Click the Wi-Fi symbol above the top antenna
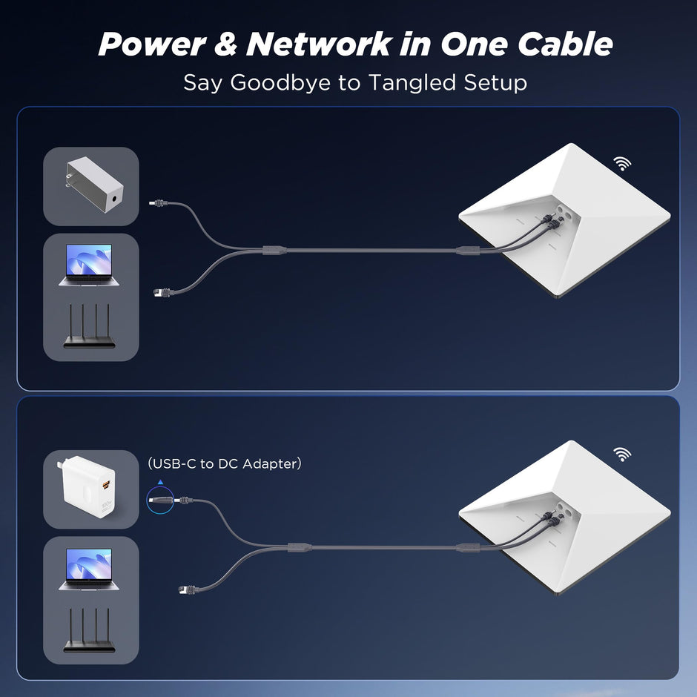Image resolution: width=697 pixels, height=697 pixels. (x=622, y=164)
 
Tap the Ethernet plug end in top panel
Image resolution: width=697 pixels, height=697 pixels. (x=158, y=292)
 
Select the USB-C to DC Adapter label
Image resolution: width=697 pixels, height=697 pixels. (x=225, y=463)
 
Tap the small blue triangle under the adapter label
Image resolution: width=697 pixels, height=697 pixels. (x=159, y=482)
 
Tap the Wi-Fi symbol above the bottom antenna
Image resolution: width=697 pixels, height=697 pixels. (x=622, y=454)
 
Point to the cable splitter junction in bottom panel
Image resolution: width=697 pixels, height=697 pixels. (x=296, y=547)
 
